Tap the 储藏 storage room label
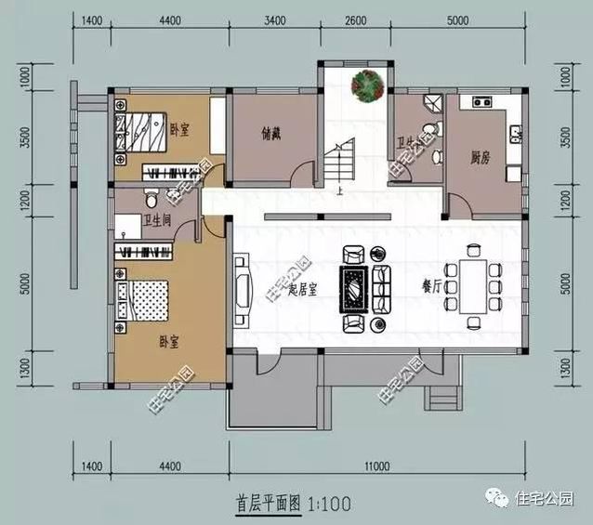point(270,132)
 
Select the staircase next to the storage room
point(340,164)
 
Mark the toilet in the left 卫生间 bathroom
point(152,199)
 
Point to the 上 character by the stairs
point(341,193)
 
